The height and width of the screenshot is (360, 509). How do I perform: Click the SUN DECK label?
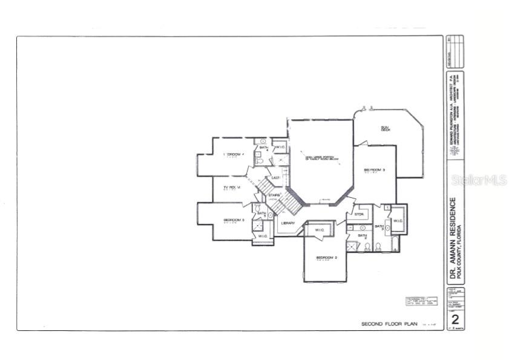[x=384, y=128]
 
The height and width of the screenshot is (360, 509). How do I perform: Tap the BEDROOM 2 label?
[x=327, y=257]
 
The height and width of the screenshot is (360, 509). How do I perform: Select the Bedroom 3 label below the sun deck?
[x=375, y=170]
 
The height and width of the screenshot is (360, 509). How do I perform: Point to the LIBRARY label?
[x=288, y=223]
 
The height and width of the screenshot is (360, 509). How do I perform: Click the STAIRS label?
[x=274, y=195]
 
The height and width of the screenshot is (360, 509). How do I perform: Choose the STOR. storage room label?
[x=359, y=214]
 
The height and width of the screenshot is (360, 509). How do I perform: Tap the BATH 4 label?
[x=263, y=148]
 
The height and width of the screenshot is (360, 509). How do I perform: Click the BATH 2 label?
[x=362, y=237]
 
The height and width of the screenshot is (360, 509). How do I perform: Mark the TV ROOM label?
[x=232, y=188]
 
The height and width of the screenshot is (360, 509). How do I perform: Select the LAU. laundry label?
[x=275, y=177]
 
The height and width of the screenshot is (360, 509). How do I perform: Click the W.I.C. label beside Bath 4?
[x=280, y=146]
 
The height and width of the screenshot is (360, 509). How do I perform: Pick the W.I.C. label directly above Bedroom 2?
[x=319, y=230]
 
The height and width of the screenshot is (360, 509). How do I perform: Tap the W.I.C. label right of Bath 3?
[x=398, y=221]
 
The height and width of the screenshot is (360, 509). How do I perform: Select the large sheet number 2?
[x=456, y=319]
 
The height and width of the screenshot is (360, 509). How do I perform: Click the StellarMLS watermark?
[x=478, y=180]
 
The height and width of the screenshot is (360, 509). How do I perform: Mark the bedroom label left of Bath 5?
[x=234, y=220]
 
